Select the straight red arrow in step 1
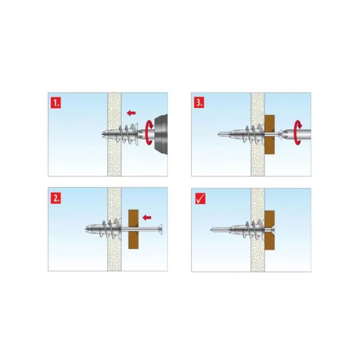pos(131,112)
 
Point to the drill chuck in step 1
pos(160,134)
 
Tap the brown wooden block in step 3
pos(270,134)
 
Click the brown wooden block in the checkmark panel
pos(270,229)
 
